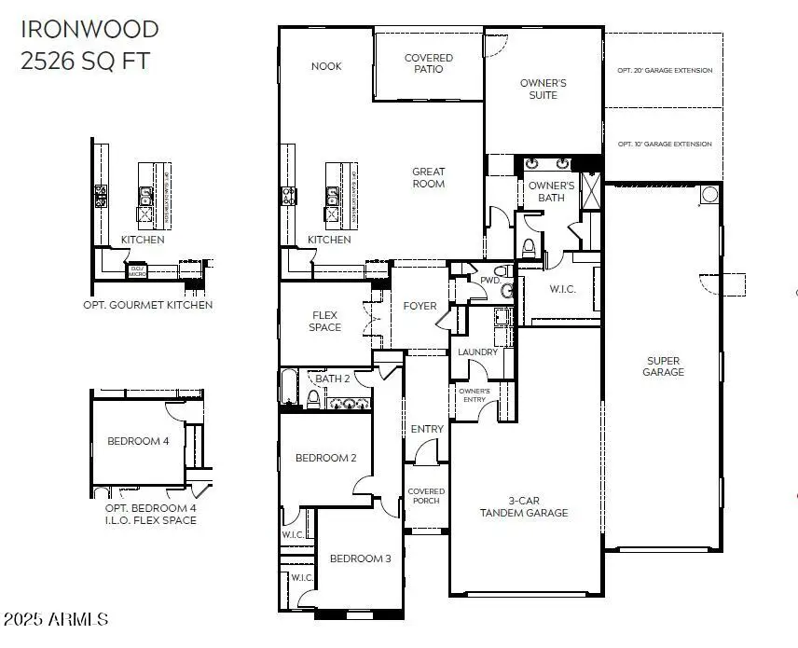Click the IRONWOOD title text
(x=89, y=29)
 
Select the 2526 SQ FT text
(x=84, y=62)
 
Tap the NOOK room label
(x=326, y=66)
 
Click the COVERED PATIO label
(x=428, y=63)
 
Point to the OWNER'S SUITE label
(x=543, y=89)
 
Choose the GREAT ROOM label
(x=429, y=177)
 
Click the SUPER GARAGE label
(x=663, y=365)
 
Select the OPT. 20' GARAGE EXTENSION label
(x=665, y=71)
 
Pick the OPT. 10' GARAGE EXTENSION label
(x=665, y=145)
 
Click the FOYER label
(x=420, y=306)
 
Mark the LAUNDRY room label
(x=477, y=352)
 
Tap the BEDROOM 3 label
(x=361, y=558)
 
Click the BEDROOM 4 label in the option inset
(x=138, y=441)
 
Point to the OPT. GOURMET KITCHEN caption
(x=146, y=305)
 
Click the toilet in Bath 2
(x=314, y=399)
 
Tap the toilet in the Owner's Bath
(x=529, y=248)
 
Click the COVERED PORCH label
(x=427, y=496)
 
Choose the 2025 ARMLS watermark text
(x=56, y=619)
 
